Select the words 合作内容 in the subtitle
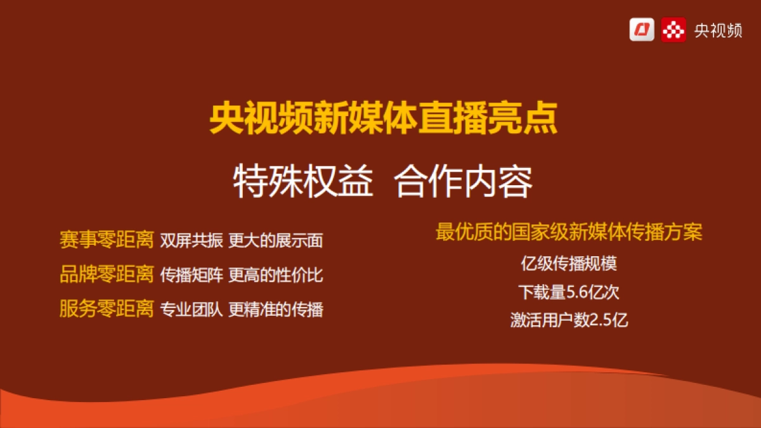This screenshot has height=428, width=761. (464, 183)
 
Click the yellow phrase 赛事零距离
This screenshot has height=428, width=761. (107, 240)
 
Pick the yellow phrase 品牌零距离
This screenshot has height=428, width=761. (107, 275)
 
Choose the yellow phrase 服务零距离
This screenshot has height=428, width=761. (107, 309)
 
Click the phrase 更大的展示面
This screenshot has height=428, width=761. (276, 241)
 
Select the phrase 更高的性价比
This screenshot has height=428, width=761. (276, 275)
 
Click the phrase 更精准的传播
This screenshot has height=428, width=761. (276, 309)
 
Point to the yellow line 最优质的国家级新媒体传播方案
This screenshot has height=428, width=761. (569, 232)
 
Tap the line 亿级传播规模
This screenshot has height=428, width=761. (569, 264)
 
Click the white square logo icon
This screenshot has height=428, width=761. (642, 29)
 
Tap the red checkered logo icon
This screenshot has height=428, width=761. (673, 29)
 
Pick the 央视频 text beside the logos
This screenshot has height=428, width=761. (718, 30)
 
